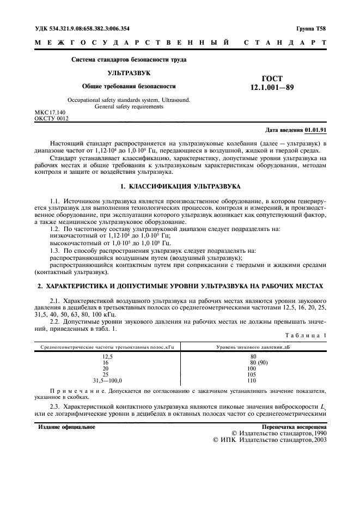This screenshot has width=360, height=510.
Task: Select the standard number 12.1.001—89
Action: click(x=272, y=87)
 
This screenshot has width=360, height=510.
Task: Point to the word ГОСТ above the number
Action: click(x=272, y=78)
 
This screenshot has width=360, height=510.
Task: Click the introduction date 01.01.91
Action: click(x=315, y=130)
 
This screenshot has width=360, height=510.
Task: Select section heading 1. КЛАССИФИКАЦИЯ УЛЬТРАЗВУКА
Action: click(x=180, y=187)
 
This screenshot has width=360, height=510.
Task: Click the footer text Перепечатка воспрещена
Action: click(x=294, y=427)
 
